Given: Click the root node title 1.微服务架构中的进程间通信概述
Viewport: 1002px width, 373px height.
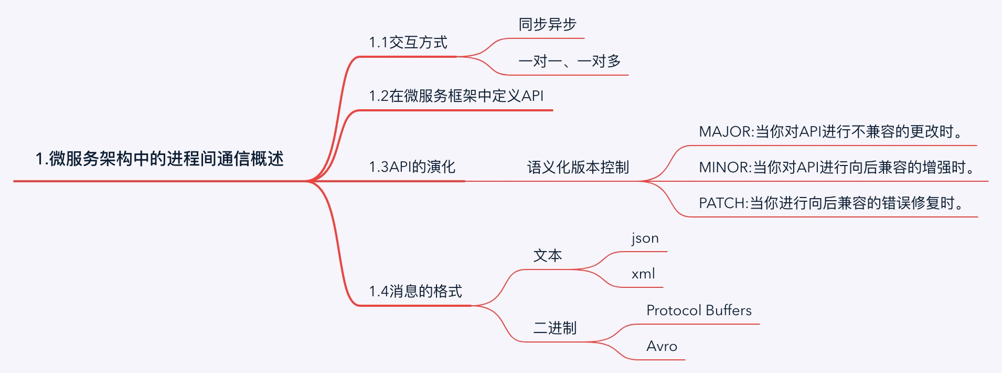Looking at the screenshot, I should click(x=159, y=159).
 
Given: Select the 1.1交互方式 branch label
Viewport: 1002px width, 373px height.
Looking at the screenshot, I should click(x=408, y=43).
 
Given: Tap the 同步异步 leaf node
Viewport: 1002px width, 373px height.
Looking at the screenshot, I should click(x=547, y=25).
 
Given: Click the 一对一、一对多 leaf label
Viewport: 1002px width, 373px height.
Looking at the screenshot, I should click(x=569, y=61).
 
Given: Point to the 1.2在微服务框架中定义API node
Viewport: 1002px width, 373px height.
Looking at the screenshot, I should click(x=456, y=96).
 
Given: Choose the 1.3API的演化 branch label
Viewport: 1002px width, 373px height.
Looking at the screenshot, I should click(x=412, y=167).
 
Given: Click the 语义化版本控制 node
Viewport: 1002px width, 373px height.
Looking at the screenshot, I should click(x=578, y=168).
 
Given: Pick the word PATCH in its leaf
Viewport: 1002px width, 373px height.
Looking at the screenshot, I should click(x=722, y=203).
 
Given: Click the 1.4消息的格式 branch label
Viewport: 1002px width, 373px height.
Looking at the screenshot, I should click(x=415, y=292).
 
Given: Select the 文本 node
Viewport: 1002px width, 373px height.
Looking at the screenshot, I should click(x=547, y=256).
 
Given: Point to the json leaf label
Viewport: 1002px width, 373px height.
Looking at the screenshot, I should click(x=645, y=238).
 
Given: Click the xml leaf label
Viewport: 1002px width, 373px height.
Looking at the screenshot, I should click(x=643, y=274).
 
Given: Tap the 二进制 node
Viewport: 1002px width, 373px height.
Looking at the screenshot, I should click(x=555, y=328).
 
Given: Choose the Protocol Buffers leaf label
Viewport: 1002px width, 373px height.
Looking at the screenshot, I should click(x=699, y=310).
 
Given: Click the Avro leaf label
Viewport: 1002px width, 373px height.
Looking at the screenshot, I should click(x=662, y=346).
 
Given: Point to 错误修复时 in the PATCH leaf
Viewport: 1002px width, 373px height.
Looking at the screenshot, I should click(x=918, y=203).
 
